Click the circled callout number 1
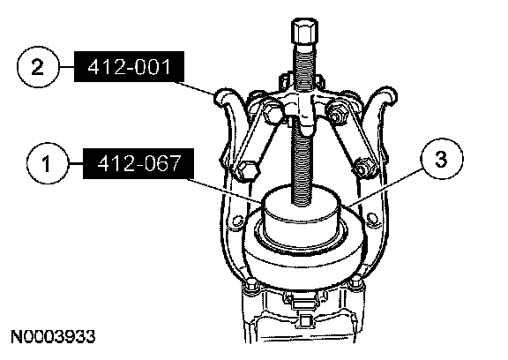click(x=48, y=162)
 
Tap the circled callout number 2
click(x=38, y=67)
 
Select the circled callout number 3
click(x=441, y=159)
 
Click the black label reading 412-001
click(x=130, y=66)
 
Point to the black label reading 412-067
click(x=138, y=163)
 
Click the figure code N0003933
click(x=53, y=337)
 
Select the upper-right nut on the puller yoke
click(x=336, y=111)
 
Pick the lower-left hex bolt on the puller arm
click(x=247, y=171)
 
